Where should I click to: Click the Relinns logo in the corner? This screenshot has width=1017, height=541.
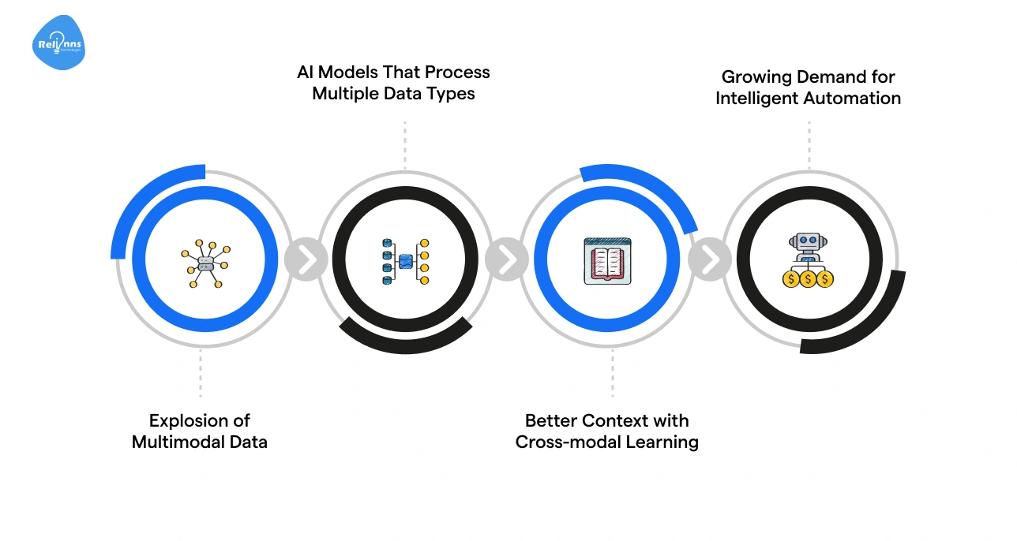point(58,43)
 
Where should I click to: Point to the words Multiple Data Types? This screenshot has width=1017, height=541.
point(393,94)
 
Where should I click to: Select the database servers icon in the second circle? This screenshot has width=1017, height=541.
point(405,259)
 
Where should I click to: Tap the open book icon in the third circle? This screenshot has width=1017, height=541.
point(606,260)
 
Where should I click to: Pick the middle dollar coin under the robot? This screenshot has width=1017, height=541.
point(809,279)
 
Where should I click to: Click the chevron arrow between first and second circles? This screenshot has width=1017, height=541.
point(306,259)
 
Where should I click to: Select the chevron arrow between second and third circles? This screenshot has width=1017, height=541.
point(507,259)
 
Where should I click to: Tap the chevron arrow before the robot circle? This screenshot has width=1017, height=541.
point(709,259)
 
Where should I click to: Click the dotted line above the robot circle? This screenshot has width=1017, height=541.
point(809,144)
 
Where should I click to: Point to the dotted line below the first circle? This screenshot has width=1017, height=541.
point(201,375)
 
